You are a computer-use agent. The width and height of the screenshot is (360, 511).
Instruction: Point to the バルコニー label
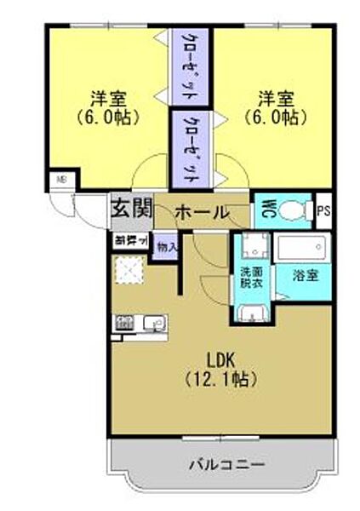click(x=225, y=465)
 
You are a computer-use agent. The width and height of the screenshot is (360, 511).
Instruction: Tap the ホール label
click(x=201, y=211)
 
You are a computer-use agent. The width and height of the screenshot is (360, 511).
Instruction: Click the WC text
click(x=266, y=209)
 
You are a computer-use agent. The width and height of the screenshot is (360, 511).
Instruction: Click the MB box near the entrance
click(x=61, y=181)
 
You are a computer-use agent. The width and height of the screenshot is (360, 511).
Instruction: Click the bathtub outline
click(x=303, y=250)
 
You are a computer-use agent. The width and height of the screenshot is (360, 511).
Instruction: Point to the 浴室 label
click(x=304, y=275)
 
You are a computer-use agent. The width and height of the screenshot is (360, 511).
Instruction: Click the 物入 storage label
click(x=168, y=248)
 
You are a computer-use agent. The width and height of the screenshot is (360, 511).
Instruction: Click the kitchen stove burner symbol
click(x=124, y=323)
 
